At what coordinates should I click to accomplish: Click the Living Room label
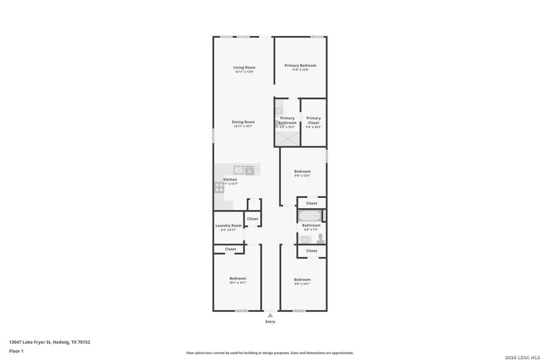[244, 67]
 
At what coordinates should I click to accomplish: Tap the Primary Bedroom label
[300, 65]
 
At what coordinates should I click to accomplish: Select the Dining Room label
[243, 122]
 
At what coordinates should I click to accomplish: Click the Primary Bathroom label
[287, 120]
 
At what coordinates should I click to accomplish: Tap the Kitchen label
[230, 179]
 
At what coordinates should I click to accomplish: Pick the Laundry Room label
[228, 226]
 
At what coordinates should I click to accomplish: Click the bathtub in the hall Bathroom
[310, 216]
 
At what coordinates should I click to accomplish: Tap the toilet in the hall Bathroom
[320, 238]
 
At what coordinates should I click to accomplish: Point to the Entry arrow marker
[270, 314]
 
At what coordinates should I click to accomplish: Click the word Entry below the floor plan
[270, 322]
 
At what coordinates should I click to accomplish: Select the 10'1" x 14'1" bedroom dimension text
[238, 283]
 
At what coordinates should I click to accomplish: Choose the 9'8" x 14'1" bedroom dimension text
[302, 283]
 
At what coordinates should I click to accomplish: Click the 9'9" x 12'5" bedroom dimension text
[302, 176]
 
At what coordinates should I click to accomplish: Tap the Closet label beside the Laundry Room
[253, 218]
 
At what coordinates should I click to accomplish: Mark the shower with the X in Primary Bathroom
[287, 138]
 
